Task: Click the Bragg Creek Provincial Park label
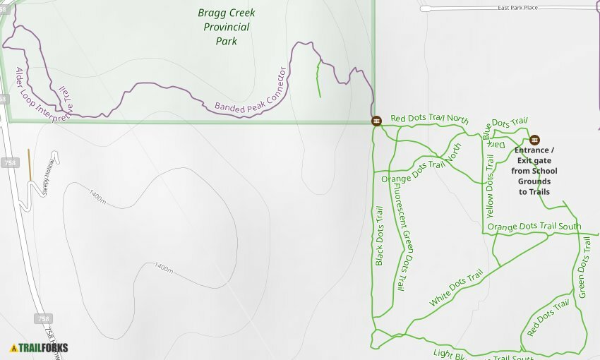(x=226, y=27)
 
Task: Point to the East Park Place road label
(x=519, y=8)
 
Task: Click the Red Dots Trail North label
(x=429, y=119)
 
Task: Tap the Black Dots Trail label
(x=379, y=236)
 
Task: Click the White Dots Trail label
(x=456, y=288)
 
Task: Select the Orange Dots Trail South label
(x=534, y=227)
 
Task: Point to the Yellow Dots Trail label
(x=490, y=185)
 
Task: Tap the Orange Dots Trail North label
(x=421, y=167)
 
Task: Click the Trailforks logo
(x=39, y=347)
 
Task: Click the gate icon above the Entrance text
(x=534, y=140)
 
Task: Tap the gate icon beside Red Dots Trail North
(x=376, y=121)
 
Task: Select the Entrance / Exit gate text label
(x=534, y=171)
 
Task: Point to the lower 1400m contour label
(x=164, y=268)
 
